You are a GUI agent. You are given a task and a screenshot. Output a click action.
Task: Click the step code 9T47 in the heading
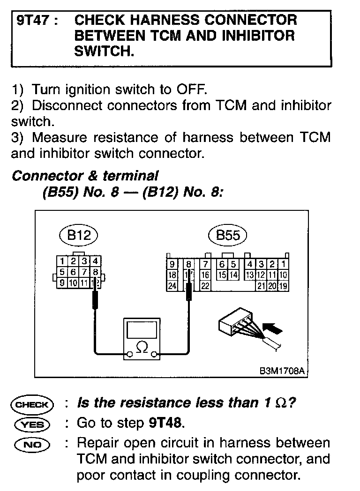33,21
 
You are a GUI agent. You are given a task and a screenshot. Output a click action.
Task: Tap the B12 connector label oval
78,235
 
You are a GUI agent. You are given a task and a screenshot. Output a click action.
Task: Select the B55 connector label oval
228,235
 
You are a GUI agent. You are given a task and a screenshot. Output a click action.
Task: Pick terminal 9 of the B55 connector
172,264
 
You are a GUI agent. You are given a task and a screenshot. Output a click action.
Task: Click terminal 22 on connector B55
205,286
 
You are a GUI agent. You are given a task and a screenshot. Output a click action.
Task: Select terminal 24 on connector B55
172,286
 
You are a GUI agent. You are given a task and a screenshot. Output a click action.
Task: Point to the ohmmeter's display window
141,330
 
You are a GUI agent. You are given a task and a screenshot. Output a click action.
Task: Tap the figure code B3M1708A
282,371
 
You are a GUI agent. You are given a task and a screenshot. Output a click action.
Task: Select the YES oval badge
32,424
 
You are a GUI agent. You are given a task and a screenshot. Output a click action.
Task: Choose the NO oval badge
32,444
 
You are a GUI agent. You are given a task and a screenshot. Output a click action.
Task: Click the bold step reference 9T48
165,423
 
